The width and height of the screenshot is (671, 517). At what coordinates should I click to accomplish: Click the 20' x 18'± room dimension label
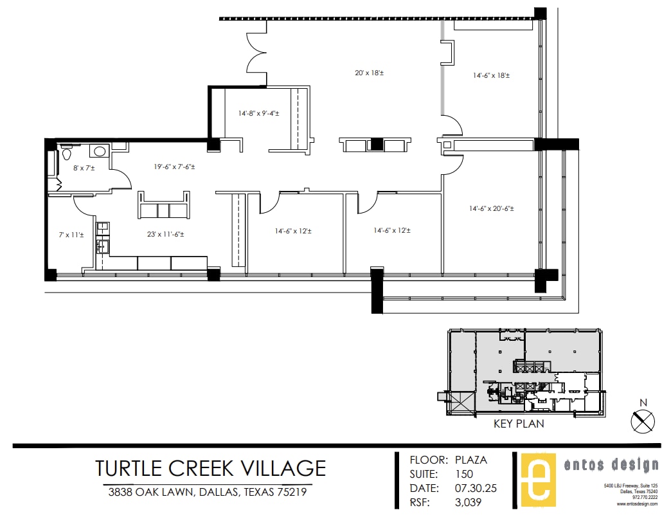click(369, 73)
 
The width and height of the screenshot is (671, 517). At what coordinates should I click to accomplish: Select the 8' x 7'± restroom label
click(84, 168)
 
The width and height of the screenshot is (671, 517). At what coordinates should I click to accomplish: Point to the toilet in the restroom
click(67, 155)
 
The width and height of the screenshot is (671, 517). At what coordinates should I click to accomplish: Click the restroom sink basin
click(98, 152)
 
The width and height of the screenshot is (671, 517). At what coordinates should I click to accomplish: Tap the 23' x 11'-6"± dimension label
click(165, 235)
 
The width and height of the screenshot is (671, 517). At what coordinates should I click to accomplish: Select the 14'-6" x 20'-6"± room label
click(491, 208)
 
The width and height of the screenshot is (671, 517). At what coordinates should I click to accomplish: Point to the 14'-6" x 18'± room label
click(492, 75)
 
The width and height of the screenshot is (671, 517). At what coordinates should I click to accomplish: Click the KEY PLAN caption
click(518, 424)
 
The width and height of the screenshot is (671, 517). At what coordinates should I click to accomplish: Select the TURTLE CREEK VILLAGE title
click(210, 467)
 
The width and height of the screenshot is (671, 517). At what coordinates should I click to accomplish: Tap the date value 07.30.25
click(475, 489)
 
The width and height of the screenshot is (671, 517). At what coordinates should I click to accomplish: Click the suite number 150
click(463, 475)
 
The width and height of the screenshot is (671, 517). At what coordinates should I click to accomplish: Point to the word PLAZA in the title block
click(470, 460)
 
